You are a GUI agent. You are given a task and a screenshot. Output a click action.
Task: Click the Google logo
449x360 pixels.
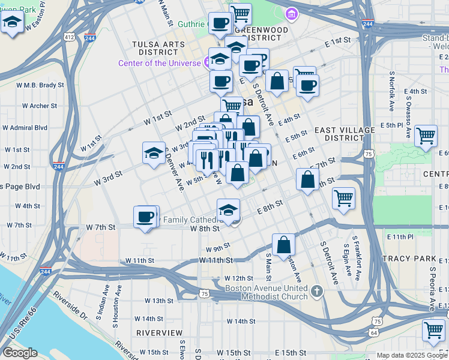[20, 353]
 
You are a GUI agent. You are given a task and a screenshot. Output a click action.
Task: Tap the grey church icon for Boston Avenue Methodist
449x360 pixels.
[317, 292]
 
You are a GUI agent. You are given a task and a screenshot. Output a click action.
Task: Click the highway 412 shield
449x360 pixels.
[70, 37]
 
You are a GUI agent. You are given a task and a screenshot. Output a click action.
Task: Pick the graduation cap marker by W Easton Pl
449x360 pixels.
[12, 24]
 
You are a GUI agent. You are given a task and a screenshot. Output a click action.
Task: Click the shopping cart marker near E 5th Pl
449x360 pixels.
[426, 136]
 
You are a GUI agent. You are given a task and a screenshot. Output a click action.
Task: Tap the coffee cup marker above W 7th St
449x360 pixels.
[145, 217]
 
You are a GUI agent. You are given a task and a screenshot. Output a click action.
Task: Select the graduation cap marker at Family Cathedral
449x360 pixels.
[228, 210]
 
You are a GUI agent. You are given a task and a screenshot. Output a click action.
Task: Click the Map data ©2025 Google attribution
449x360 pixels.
[411, 355]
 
